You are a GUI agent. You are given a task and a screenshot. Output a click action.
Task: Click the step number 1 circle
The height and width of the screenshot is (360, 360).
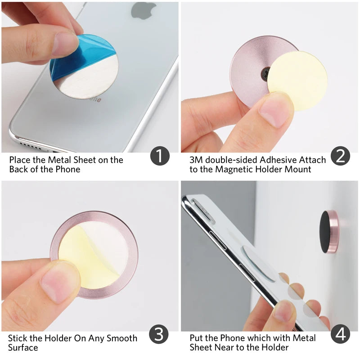click(x=160, y=156)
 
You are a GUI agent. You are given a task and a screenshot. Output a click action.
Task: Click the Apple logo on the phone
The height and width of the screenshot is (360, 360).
click(x=144, y=10)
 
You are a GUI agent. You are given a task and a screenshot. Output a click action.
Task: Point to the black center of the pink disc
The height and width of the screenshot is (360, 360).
click(x=265, y=72)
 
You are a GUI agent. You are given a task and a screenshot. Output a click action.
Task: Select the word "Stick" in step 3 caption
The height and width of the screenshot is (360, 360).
click(x=18, y=338)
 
